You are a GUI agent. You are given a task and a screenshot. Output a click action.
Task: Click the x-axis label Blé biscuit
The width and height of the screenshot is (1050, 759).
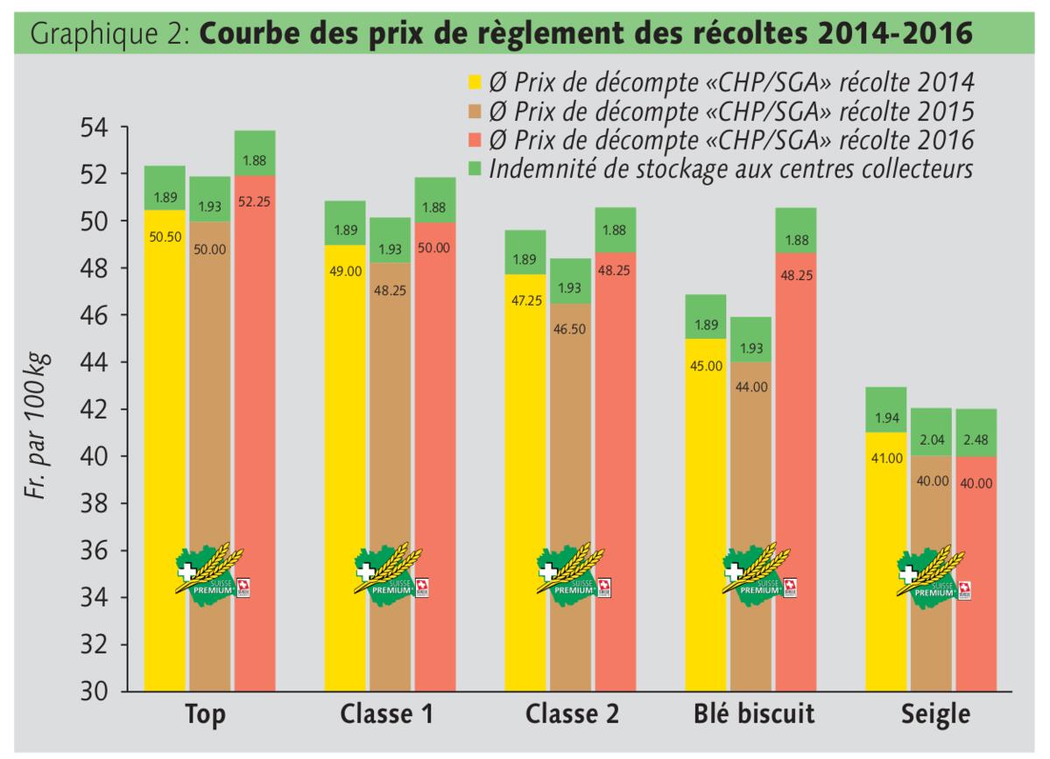click(753, 714)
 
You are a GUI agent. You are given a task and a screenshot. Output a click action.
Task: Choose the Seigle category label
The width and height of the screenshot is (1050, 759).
click(936, 714)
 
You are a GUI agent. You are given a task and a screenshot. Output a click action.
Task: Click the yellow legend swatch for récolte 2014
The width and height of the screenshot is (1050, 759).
click(476, 83)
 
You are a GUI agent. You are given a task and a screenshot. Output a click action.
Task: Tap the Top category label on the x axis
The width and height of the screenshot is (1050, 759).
click(205, 714)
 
